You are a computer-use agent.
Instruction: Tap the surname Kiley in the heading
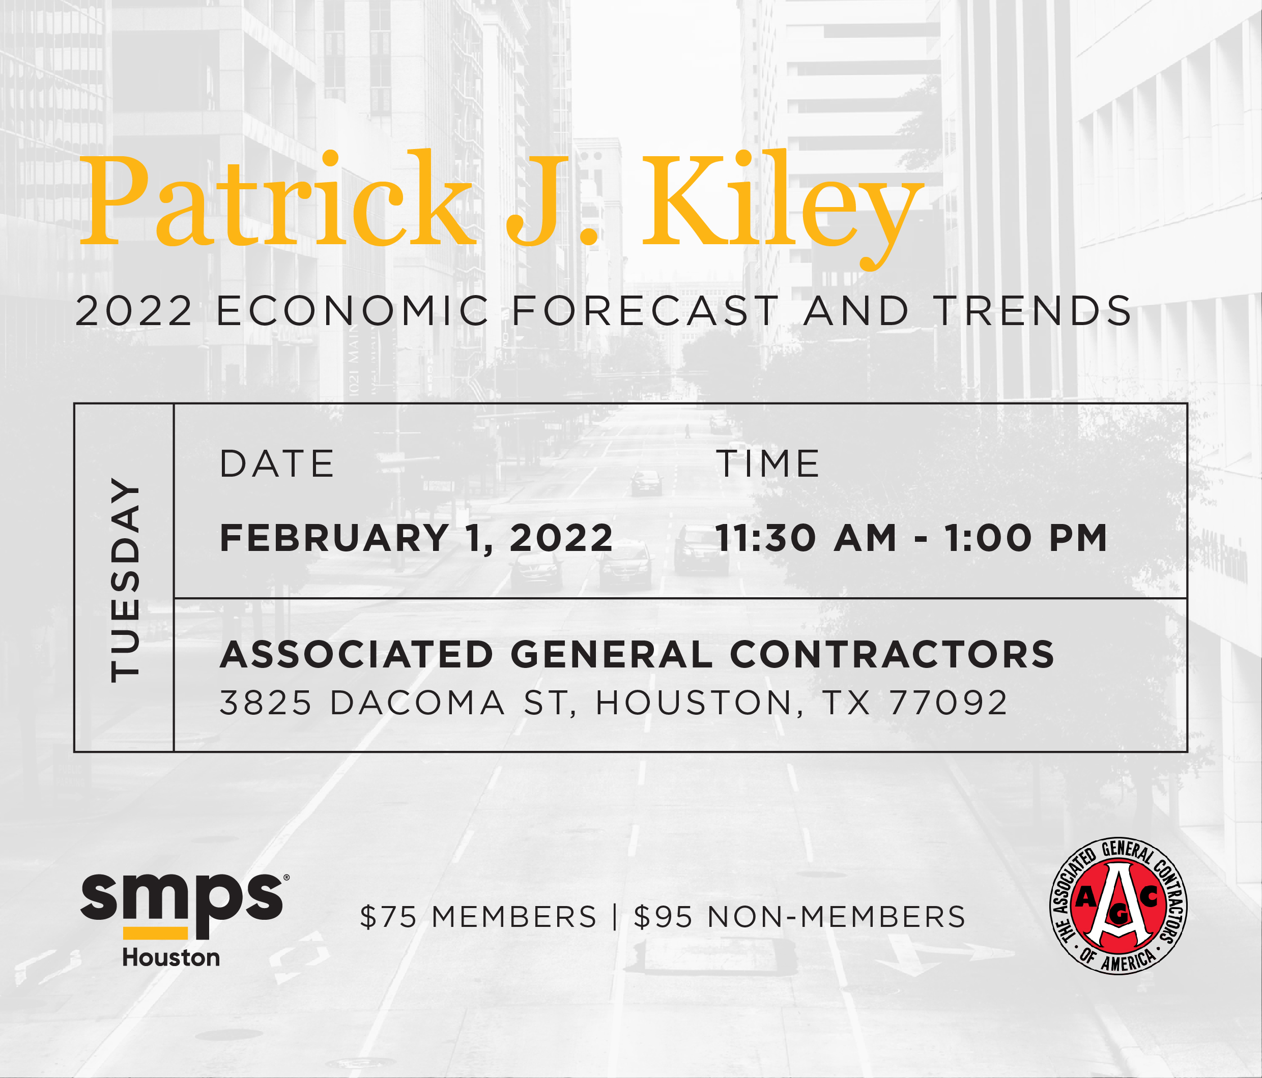(783, 207)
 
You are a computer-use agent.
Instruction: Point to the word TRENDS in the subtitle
(1033, 311)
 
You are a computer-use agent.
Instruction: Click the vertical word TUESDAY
(125, 579)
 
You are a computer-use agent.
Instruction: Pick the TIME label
(767, 464)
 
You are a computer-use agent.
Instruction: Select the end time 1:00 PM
(1026, 538)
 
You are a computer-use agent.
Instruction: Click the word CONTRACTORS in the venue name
(892, 655)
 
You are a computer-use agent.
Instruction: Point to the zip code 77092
(949, 703)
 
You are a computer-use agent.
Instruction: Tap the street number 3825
(266, 703)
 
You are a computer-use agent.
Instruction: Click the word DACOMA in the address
(417, 703)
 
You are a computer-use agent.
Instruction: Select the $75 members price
(478, 917)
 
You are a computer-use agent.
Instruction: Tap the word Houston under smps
(171, 958)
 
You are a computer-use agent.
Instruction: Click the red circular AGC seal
(1118, 906)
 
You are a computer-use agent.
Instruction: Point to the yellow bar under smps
(155, 933)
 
